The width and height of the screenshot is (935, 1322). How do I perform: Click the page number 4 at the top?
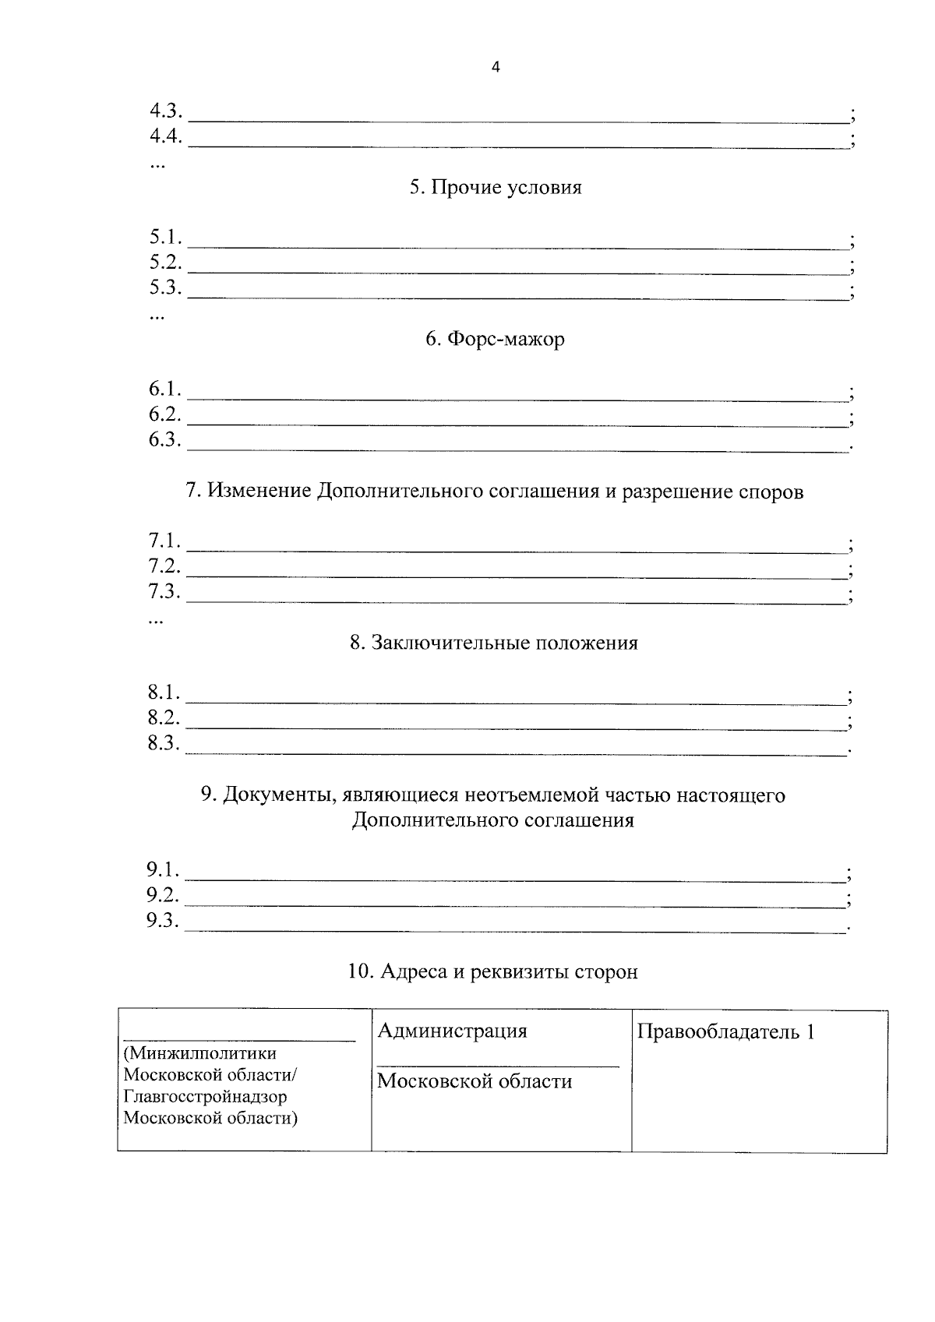coord(496,68)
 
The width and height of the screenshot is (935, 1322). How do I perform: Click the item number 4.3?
coord(165,111)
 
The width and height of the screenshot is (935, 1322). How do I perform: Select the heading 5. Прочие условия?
coord(496,188)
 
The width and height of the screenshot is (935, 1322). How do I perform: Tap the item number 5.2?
coord(165,263)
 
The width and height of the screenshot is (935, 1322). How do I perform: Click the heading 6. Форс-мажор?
coord(496,340)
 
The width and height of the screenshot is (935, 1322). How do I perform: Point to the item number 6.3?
coord(165,440)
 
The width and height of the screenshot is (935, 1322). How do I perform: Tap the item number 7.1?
coord(164,541)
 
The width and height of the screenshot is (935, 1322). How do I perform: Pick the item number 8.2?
coord(164,718)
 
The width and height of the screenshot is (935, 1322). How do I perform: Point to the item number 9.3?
coord(163,921)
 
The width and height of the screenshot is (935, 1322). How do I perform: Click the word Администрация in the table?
coord(452,1031)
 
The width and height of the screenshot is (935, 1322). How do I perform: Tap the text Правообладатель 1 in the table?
coord(725,1032)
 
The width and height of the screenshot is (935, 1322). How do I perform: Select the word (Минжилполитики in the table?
coord(200,1053)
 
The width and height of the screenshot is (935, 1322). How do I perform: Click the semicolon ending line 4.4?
coord(853,141)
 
